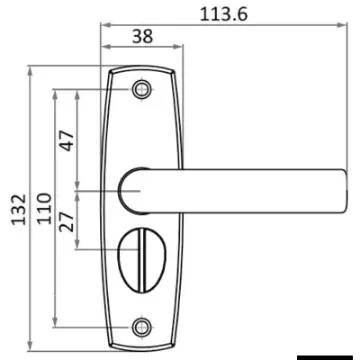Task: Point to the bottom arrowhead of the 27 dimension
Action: tap(79, 245)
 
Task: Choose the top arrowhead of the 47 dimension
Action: tap(79, 91)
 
